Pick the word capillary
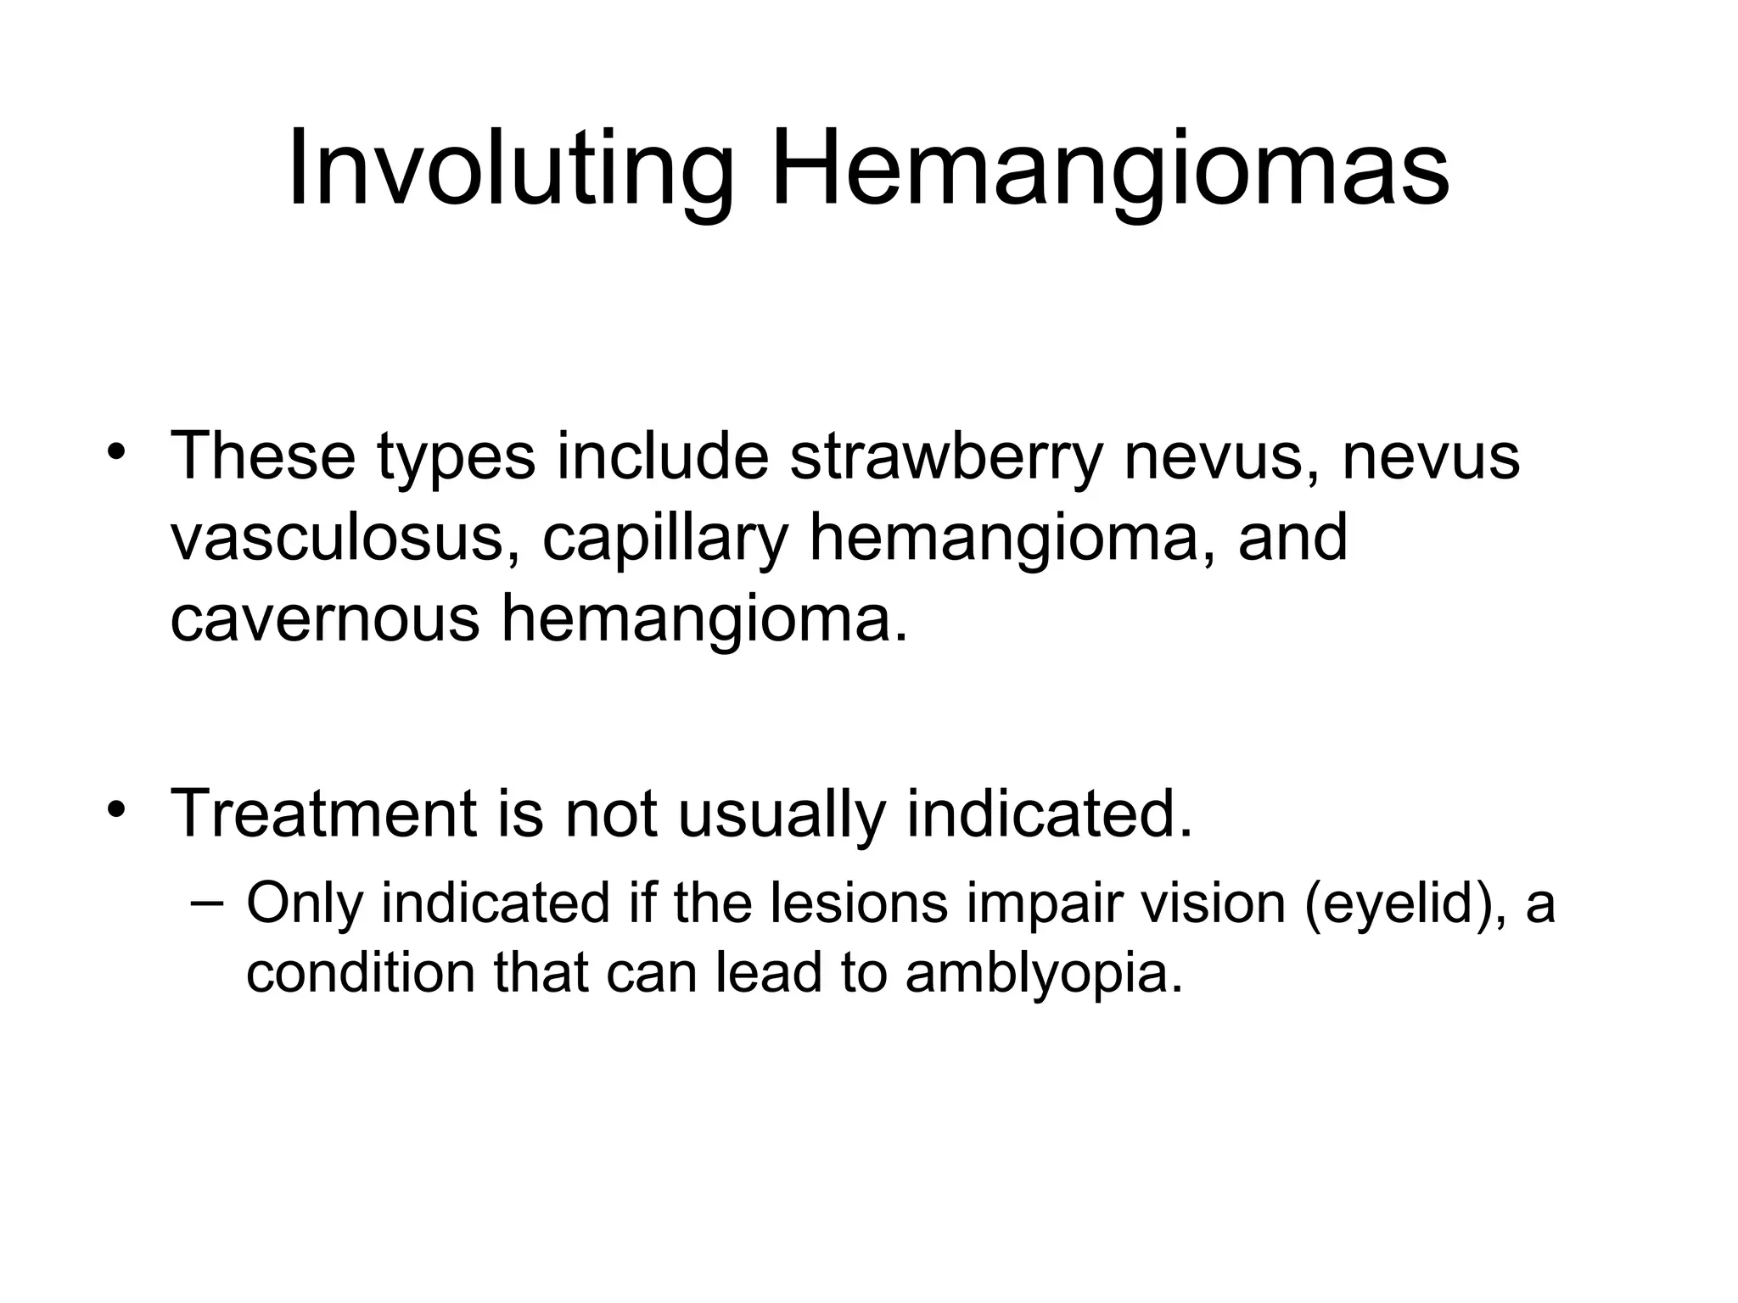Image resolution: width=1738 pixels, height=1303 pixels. [x=665, y=540]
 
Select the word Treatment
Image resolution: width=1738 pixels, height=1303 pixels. [x=323, y=813]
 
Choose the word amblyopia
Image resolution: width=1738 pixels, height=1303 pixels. [x=1043, y=973]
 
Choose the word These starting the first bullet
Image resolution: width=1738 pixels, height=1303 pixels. [x=263, y=456]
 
